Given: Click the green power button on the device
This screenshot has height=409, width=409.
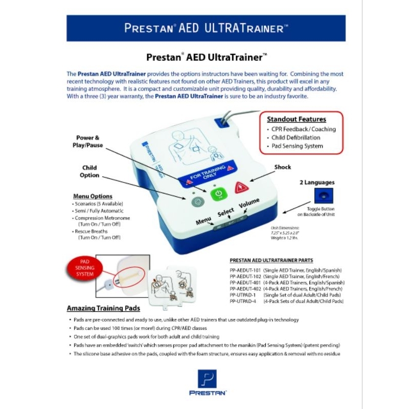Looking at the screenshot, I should (x=218, y=194).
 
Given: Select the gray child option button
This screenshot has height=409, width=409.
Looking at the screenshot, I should (x=196, y=201).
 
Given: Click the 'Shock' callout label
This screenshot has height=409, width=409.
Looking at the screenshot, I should (x=282, y=167).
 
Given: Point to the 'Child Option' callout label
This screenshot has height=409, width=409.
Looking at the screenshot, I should (x=89, y=171).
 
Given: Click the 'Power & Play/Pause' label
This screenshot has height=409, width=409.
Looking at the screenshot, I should (x=88, y=141).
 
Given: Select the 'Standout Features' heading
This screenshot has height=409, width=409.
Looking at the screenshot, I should (x=297, y=119).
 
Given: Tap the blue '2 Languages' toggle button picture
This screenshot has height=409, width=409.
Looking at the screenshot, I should (x=323, y=196).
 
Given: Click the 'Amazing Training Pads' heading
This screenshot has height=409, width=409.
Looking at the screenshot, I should (x=104, y=308).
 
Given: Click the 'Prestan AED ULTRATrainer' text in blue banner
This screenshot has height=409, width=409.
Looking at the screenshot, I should (x=206, y=28).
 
